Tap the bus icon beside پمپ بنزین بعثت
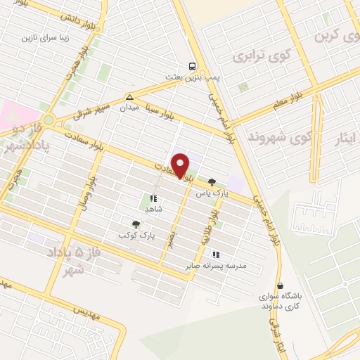(x=193, y=67)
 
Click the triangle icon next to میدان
(x=129, y=97)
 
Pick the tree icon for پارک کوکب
(x=136, y=224)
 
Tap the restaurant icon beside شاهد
(x=153, y=198)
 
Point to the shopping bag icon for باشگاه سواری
(x=281, y=286)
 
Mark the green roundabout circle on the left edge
(x=48, y=120)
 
